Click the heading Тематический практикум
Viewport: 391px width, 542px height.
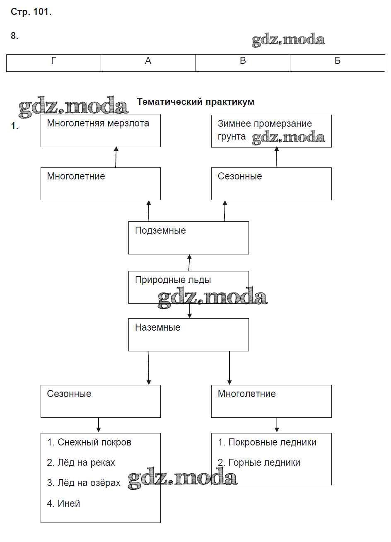click(x=195, y=102)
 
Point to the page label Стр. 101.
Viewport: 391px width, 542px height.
click(x=31, y=12)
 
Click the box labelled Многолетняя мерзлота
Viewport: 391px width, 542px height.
click(x=100, y=131)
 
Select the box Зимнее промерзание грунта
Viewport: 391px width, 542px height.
click(x=271, y=131)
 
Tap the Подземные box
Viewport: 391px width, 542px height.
click(x=188, y=237)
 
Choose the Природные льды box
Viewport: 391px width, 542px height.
click(x=188, y=287)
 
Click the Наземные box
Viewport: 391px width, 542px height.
click(x=188, y=334)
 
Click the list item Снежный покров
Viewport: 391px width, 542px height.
click(x=89, y=443)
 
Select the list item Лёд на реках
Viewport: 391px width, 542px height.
click(x=81, y=463)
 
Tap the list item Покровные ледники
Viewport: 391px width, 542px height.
click(x=268, y=443)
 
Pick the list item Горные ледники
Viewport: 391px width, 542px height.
click(x=259, y=463)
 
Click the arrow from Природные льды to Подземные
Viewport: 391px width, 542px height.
click(x=189, y=263)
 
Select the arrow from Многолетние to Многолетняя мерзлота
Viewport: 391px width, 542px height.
click(x=116, y=157)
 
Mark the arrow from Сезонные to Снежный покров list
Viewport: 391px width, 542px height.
click(x=99, y=425)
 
